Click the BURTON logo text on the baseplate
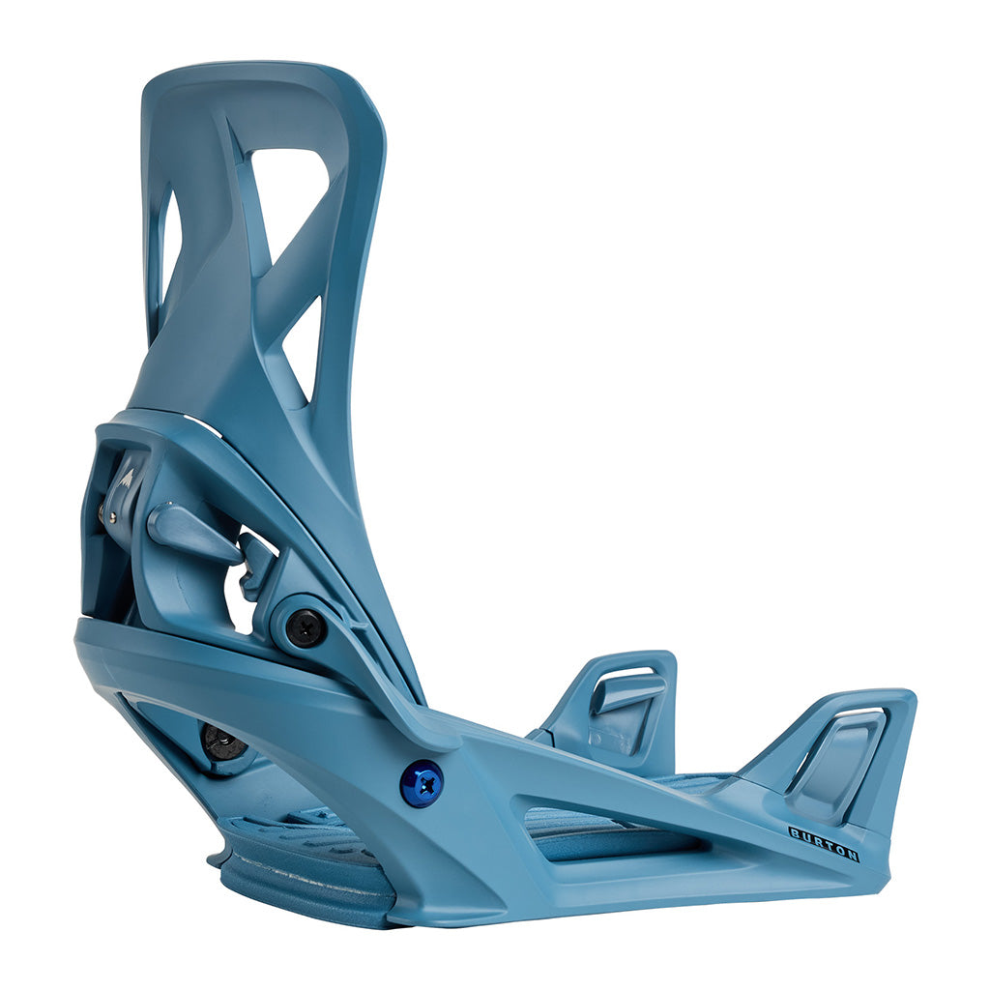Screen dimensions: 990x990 (824, 843)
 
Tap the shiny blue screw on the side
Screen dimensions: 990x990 (422, 782)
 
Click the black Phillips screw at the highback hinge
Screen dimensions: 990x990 (306, 628)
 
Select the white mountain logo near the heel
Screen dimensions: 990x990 (127, 478)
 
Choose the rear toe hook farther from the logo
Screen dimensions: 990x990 (619, 706)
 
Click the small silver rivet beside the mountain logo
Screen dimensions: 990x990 (112, 517)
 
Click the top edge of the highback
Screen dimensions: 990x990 (251, 71)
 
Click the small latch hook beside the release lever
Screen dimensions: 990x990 (257, 561)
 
